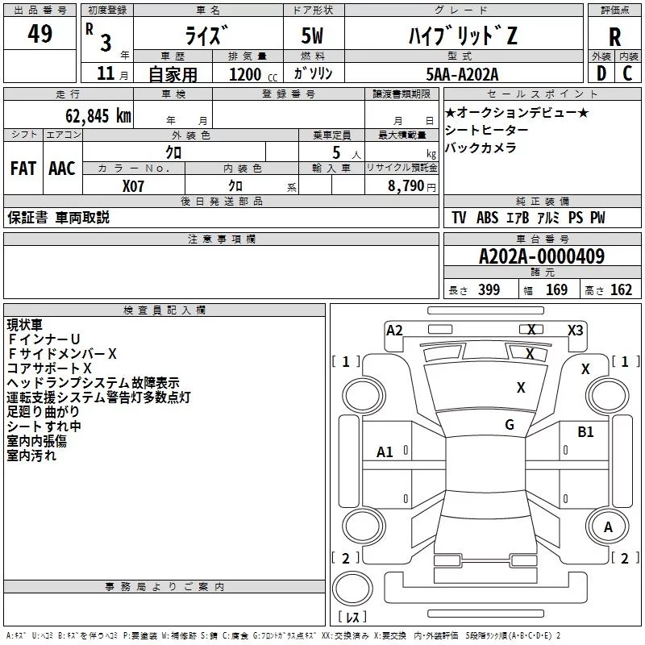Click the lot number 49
[40, 33]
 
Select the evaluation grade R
[614, 37]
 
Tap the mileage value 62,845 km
[98, 116]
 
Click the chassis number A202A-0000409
[542, 256]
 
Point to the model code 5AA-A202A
[462, 74]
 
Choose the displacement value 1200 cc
[253, 74]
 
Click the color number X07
[133, 186]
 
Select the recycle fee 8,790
[406, 185]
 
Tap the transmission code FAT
[23, 169]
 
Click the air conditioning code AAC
[62, 169]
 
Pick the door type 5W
[312, 35]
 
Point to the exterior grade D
[601, 73]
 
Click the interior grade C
[627, 73]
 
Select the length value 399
[489, 289]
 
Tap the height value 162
[621, 289]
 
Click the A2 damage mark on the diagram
[394, 331]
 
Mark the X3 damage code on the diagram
[575, 331]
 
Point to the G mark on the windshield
[510, 424]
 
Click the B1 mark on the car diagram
[585, 431]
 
